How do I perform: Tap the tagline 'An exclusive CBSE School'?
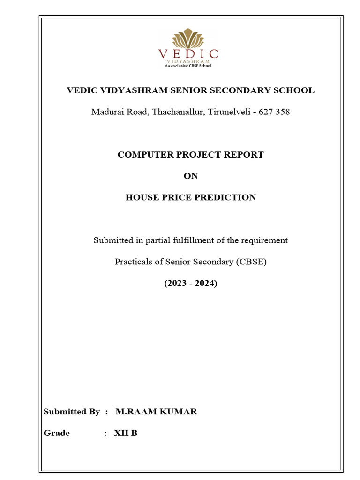pos(188,66)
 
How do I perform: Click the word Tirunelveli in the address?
pos(227,112)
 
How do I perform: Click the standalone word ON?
pos(190,176)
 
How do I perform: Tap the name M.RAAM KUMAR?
pos(156,412)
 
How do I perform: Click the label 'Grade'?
pos(56,433)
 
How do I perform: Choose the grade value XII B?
pos(126,433)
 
